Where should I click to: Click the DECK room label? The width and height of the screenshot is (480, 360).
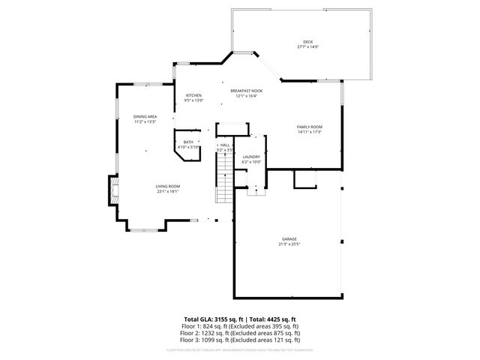click(307, 41)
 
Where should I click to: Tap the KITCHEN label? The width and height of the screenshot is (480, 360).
click(193, 95)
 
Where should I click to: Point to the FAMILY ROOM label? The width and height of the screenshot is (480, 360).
click(309, 127)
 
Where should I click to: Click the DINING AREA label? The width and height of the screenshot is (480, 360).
click(145, 116)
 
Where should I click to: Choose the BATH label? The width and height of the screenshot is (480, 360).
click(188, 142)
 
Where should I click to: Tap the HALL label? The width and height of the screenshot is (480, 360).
click(224, 145)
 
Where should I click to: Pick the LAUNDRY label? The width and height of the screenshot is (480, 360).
click(251, 156)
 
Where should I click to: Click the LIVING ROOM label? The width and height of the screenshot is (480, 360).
click(168, 186)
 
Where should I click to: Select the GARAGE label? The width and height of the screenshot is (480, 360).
click(289, 239)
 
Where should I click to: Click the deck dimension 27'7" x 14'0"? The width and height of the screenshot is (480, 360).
click(307, 47)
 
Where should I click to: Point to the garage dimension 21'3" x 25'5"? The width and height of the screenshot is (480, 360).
click(289, 244)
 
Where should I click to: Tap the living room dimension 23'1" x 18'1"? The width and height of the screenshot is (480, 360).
click(168, 191)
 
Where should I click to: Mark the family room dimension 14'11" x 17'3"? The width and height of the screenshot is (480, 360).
click(309, 132)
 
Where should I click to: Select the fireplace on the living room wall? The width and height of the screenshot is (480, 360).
click(114, 190)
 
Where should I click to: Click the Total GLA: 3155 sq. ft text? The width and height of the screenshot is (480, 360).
click(218, 319)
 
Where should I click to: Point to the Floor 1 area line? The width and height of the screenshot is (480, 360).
click(241, 326)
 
